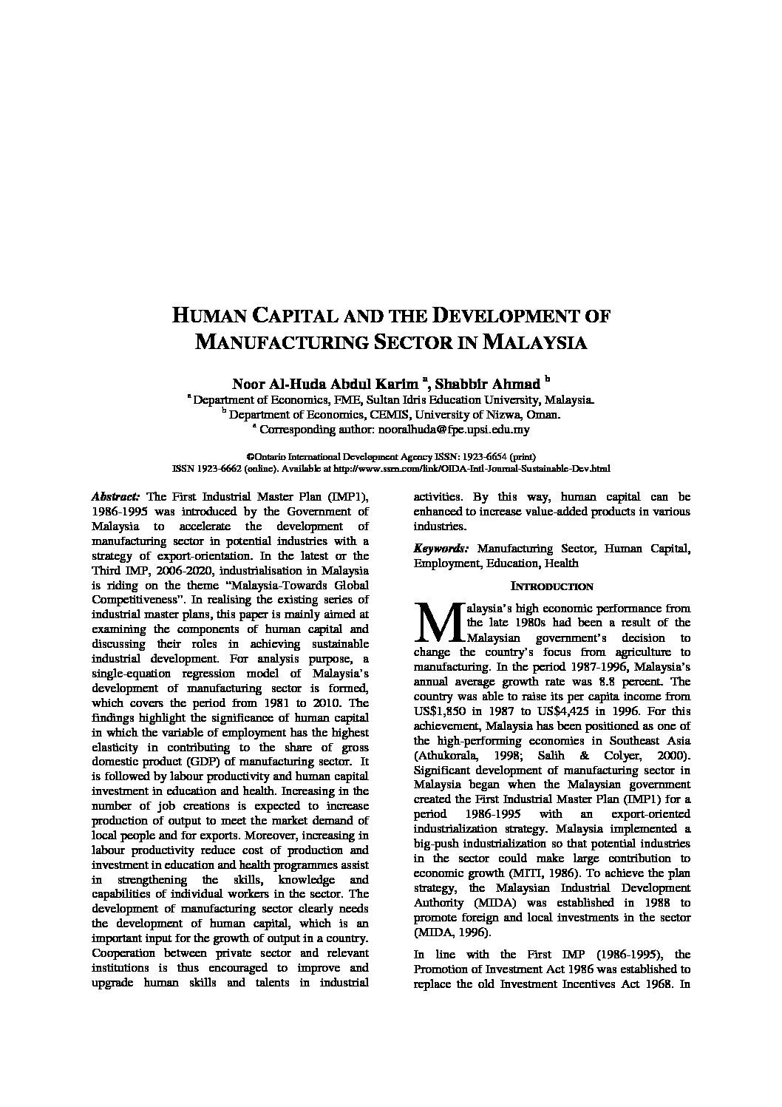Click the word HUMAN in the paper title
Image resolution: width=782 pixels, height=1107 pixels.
[x=209, y=316]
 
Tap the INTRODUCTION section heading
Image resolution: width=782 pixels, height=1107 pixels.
[x=552, y=586]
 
